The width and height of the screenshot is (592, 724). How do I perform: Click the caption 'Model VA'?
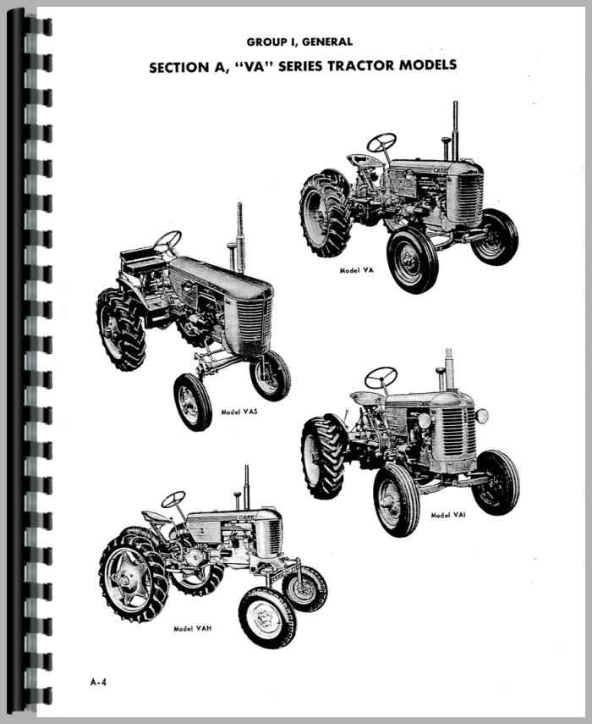356,271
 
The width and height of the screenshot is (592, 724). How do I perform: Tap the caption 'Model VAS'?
238,412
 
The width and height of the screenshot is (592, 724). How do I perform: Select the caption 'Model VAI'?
447,515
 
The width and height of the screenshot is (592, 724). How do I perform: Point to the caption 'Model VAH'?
192,628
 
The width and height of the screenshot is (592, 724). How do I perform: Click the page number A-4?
98,682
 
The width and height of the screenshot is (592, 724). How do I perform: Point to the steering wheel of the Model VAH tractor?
173,498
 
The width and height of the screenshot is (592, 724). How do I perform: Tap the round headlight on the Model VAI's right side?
482,416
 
